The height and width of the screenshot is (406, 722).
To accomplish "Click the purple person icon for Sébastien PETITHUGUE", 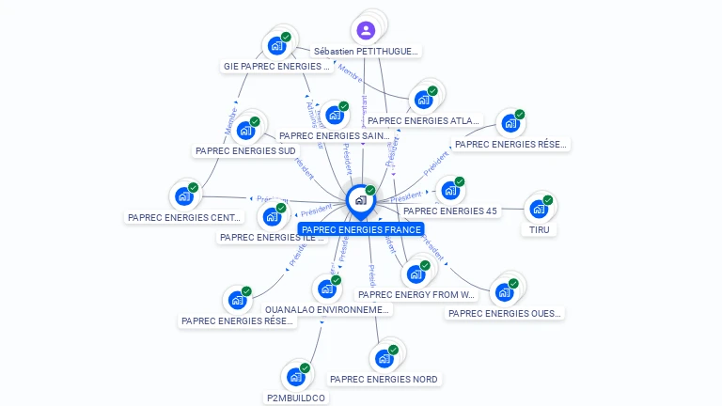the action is tap(366, 30).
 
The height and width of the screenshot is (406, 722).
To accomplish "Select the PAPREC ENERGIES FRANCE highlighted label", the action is tap(361, 229).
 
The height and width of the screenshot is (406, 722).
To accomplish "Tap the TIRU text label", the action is tap(539, 229).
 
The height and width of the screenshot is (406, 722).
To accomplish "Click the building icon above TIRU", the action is tap(538, 208).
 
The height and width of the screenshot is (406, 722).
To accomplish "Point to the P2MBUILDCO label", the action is tap(296, 398).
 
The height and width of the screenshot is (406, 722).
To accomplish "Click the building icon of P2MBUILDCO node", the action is tap(296, 377).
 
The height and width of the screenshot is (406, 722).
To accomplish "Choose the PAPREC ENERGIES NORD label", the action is tap(384, 379).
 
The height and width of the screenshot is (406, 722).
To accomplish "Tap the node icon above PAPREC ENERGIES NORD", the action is tap(384, 358).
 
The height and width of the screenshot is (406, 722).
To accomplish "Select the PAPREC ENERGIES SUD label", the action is tap(245, 150).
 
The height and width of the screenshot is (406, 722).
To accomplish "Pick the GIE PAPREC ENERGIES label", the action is tap(276, 67).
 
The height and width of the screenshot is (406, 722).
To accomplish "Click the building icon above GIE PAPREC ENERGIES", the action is tap(276, 45).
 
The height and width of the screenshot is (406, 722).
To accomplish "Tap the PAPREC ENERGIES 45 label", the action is tap(450, 211).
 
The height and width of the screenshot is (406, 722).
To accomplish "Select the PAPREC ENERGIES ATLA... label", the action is tap(423, 120).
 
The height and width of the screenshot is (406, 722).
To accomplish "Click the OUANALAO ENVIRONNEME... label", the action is tap(327, 309).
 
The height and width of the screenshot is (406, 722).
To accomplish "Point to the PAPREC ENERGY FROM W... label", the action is tap(416, 294).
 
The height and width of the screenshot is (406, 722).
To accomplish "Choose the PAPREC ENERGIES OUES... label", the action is tap(504, 313).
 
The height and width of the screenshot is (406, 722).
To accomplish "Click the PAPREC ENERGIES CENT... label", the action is tap(184, 217).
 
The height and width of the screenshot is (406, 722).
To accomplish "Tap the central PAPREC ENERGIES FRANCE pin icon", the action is tap(360, 200).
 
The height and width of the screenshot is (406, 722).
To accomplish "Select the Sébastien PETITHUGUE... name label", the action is tap(366, 51).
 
